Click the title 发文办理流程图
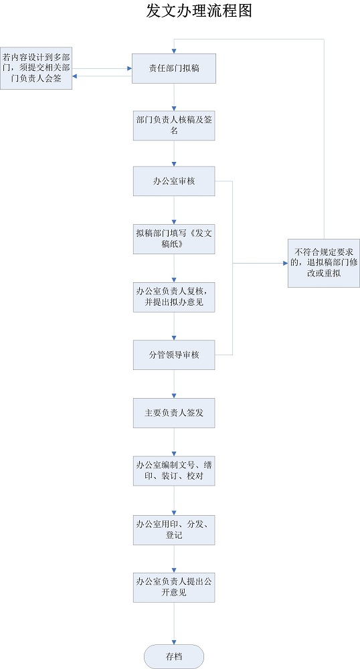(x=199, y=11)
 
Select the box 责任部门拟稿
(x=174, y=68)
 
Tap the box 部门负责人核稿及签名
(x=174, y=126)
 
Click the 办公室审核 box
(x=174, y=182)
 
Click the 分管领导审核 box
(x=174, y=355)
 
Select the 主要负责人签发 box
(x=174, y=413)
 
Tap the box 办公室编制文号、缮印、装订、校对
(x=174, y=470)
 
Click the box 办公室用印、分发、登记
(x=174, y=528)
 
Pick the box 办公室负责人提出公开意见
(x=174, y=587)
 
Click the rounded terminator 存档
(x=174, y=656)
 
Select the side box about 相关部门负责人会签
(x=36, y=68)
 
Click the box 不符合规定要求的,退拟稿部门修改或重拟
(x=324, y=263)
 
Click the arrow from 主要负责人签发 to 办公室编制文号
(x=174, y=442)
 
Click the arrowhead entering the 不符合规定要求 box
(x=284, y=264)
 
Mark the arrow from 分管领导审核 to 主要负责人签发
(x=174, y=384)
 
